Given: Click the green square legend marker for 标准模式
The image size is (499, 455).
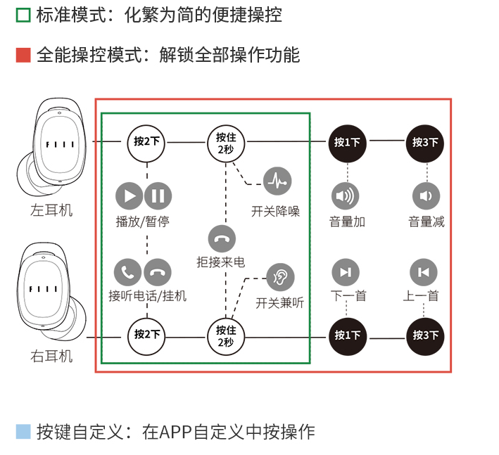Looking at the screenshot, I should [x=23, y=15].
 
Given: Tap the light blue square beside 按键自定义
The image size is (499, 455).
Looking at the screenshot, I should [x=23, y=431].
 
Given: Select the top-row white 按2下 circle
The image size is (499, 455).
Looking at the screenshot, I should [x=147, y=141].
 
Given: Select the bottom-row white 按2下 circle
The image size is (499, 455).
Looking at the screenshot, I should [x=147, y=335].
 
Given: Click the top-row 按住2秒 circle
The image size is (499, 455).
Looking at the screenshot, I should [x=225, y=141].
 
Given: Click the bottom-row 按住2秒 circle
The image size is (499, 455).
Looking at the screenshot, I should [x=225, y=335].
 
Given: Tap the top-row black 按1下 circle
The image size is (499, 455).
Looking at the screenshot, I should [x=347, y=141].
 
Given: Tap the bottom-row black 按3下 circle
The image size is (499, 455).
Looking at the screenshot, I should [x=426, y=335].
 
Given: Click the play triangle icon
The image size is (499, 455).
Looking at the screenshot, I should [x=130, y=196].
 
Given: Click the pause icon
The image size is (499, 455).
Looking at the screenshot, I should [x=158, y=196].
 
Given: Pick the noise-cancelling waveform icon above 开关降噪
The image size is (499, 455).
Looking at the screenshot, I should [x=277, y=181].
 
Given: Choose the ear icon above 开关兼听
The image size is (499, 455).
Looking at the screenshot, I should [x=280, y=276].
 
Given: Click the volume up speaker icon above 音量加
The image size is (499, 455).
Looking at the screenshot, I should [x=346, y=196].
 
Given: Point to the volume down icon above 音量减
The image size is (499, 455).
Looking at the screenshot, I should [x=426, y=196].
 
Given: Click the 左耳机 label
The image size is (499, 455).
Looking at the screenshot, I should [x=51, y=210].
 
